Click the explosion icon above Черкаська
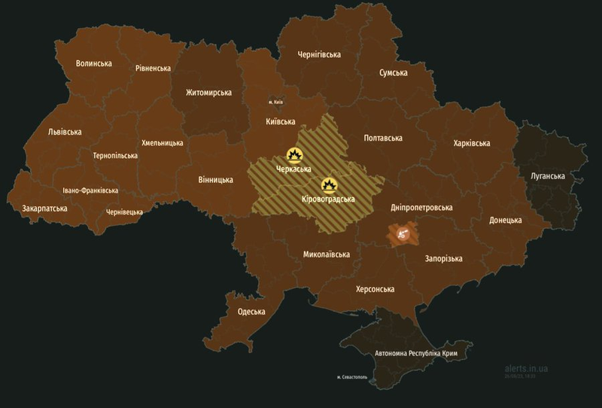click(295, 156)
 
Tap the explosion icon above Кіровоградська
click(329, 185)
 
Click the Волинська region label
click(94, 63)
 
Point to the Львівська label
click(65, 132)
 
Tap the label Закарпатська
click(45, 208)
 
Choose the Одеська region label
click(251, 312)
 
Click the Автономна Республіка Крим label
click(421, 353)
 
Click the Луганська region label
click(547, 175)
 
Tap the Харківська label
click(472, 143)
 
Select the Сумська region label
click(394, 73)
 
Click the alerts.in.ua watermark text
click(526, 368)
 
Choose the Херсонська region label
click(374, 289)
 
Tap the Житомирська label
click(208, 93)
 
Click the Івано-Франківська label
click(90, 190)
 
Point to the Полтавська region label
click(382, 138)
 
